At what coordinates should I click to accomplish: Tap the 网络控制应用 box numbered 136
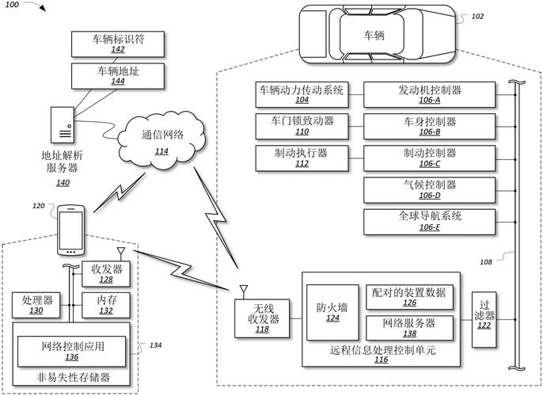tap(71, 350)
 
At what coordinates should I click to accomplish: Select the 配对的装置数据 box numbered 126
tap(409, 297)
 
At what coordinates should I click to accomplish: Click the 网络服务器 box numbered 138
tap(409, 328)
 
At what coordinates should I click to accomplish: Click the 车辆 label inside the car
tap(374, 36)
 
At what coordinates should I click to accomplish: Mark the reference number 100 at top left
tap(15, 5)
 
